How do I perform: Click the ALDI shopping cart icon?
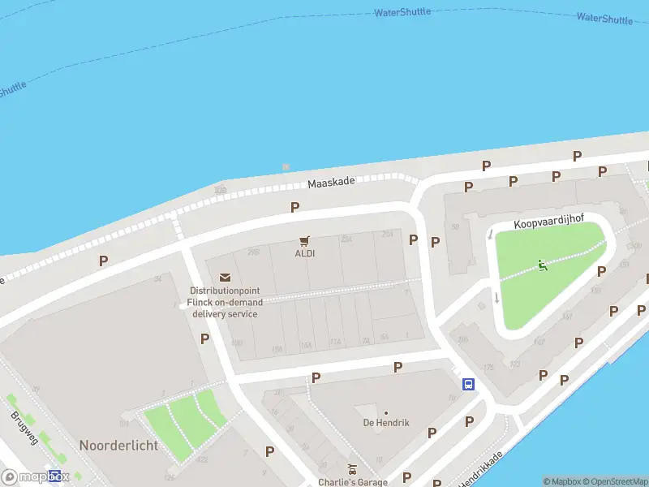click(x=305, y=240)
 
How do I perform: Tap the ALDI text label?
click(x=305, y=252)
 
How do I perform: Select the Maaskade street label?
click(x=331, y=183)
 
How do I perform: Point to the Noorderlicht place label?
click(x=118, y=446)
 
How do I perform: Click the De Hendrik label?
click(x=386, y=423)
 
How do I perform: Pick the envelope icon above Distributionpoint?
click(x=225, y=278)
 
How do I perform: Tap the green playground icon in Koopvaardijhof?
click(x=542, y=265)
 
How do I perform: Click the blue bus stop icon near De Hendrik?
click(x=468, y=384)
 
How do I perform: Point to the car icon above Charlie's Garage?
click(x=351, y=469)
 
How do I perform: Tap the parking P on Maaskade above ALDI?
click(x=294, y=207)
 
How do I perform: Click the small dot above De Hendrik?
click(x=386, y=412)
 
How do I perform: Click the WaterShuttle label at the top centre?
click(x=402, y=13)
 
